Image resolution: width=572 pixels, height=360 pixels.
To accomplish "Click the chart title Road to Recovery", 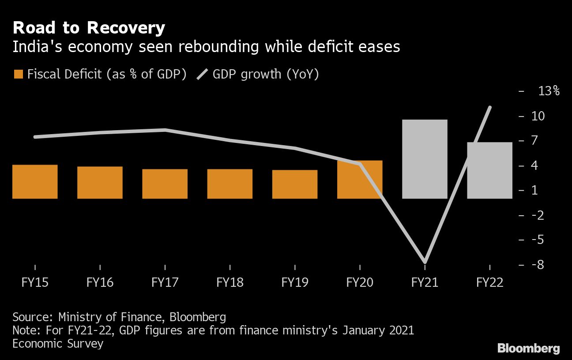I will point(89,28).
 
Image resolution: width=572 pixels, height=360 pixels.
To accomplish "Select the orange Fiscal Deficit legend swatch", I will point(18,74).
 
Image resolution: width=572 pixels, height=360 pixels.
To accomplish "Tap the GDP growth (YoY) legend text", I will point(265,74).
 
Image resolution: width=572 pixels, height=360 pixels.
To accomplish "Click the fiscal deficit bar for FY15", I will point(35,181).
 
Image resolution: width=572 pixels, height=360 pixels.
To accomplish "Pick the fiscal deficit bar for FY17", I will point(165,184).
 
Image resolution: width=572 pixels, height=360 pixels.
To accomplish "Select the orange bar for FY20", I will point(360,180).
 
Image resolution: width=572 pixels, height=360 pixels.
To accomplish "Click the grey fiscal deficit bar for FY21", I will point(425,159).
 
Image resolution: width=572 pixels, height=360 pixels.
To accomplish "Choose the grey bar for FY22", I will point(489,170).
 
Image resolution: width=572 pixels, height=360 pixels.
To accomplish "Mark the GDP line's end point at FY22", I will point(490,107).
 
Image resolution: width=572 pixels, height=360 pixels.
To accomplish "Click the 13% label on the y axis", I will point(549,91).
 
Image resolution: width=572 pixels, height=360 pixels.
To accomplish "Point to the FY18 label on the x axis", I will point(230,282).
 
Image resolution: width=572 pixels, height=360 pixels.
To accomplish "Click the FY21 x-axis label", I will point(425,282).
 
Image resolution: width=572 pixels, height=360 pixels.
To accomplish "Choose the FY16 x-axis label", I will point(100,282).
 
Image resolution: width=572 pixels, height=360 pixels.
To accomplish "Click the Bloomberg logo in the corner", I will point(528,349).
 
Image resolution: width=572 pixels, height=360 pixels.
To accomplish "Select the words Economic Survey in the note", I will point(58,344).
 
